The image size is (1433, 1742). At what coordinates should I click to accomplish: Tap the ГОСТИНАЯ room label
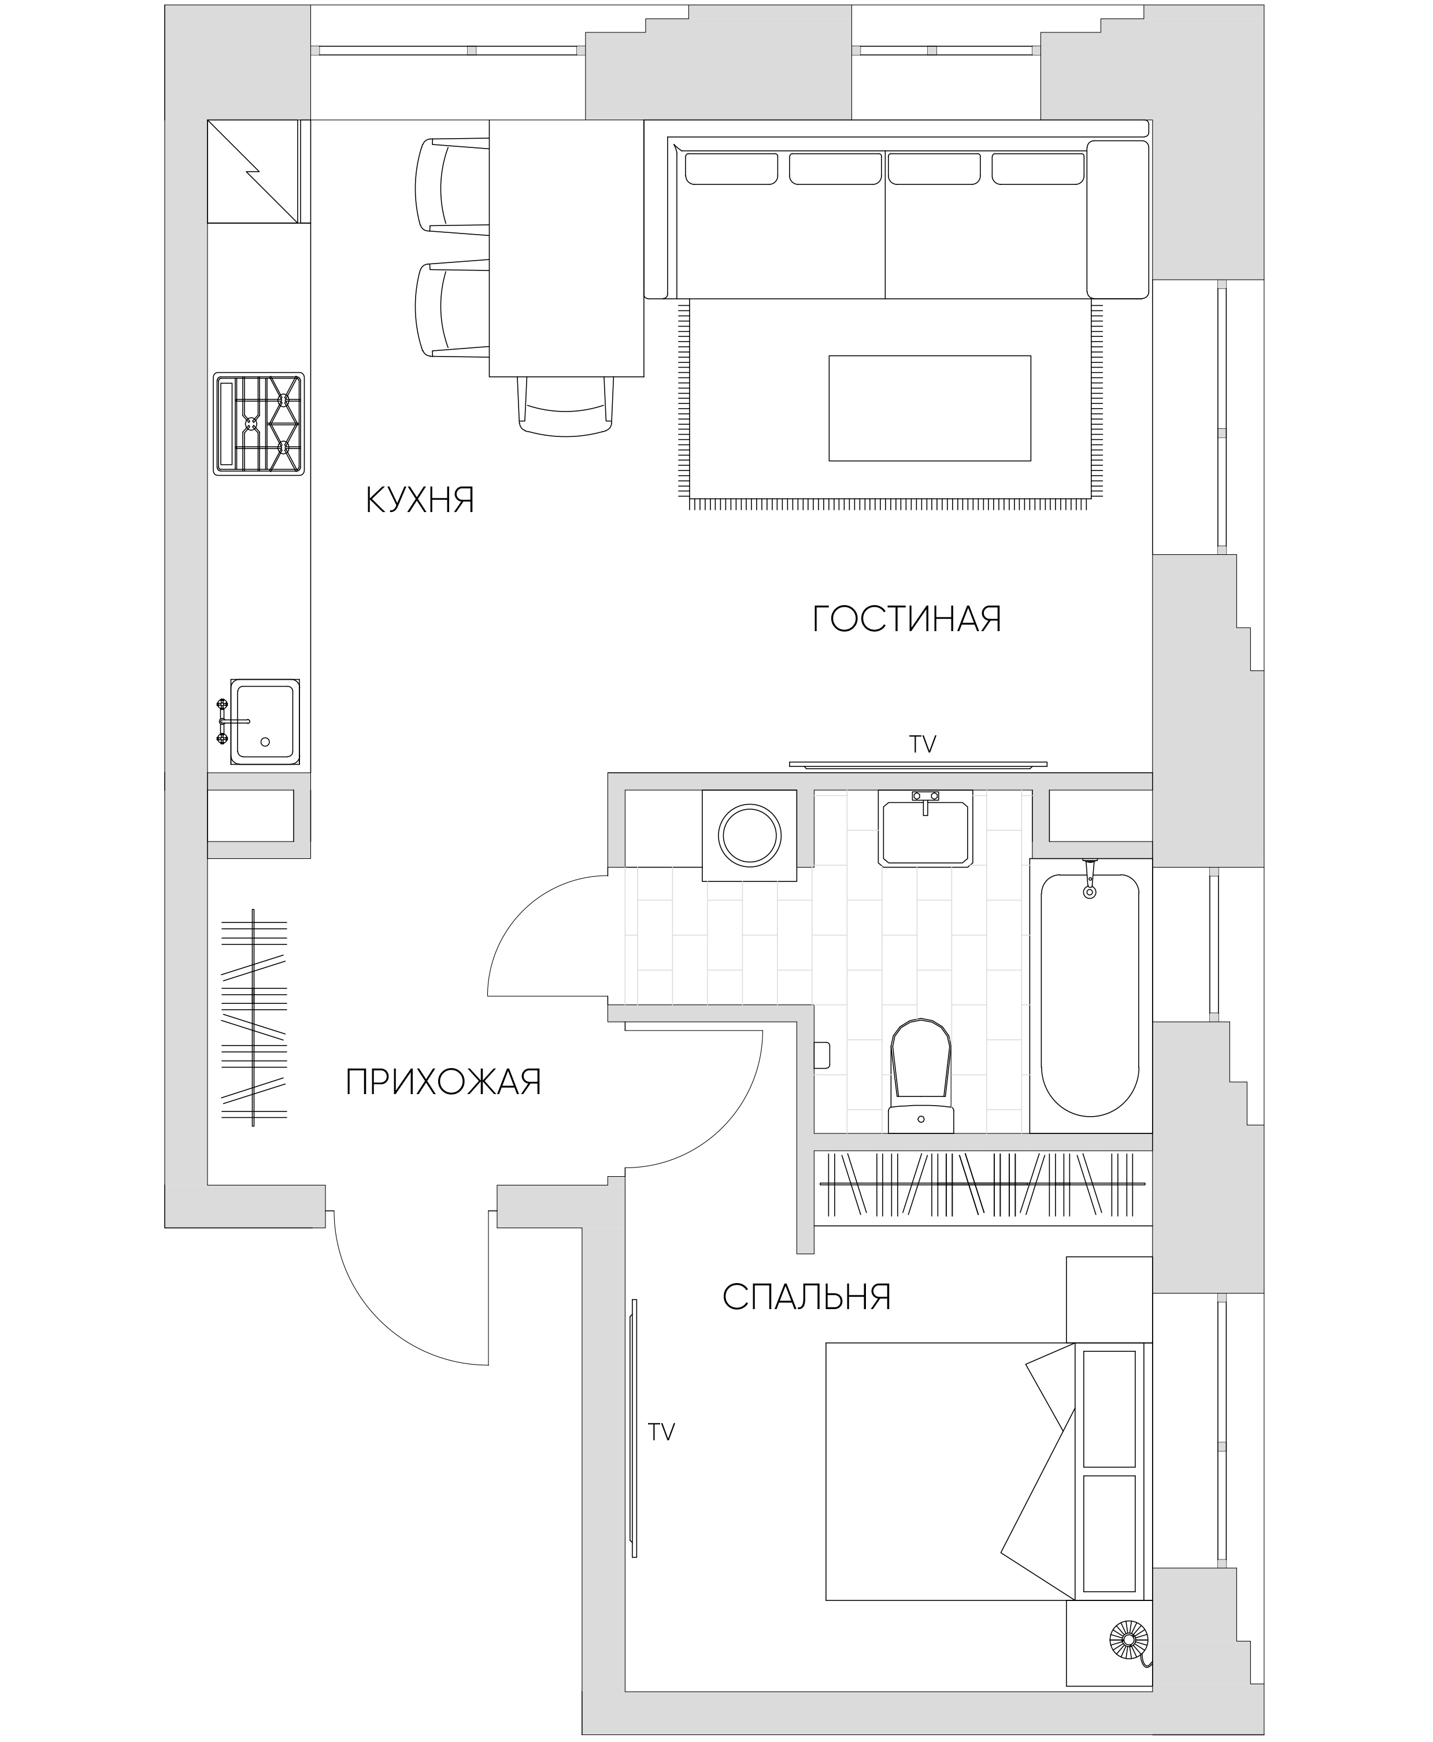click(907, 619)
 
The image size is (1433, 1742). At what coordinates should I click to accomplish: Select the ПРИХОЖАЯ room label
click(443, 1082)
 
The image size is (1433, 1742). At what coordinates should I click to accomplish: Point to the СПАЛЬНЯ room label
click(806, 1297)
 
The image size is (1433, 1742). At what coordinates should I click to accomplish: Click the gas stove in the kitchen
click(259, 423)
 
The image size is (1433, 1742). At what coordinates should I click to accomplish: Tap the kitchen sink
click(258, 721)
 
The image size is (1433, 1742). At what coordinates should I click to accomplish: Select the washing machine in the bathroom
click(750, 836)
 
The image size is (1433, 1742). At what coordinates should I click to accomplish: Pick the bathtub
click(1090, 995)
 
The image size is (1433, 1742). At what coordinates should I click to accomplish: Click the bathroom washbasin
click(925, 828)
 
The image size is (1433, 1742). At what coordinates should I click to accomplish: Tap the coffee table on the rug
click(930, 407)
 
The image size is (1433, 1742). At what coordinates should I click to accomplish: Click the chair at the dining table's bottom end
click(566, 405)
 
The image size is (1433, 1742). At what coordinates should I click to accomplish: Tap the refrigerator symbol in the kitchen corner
click(253, 172)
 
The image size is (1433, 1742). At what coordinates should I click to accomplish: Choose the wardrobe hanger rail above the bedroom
click(982, 1183)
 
